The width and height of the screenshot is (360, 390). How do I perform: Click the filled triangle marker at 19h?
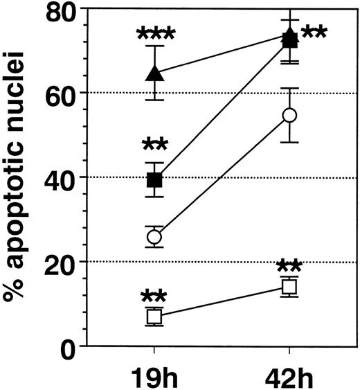[x=155, y=73]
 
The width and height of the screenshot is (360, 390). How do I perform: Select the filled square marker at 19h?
[x=155, y=180]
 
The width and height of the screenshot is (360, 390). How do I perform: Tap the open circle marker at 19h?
[x=155, y=237]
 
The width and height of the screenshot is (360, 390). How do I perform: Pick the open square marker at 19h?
[x=155, y=317]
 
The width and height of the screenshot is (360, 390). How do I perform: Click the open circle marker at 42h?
[x=290, y=114]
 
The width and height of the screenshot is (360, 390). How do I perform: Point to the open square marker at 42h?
[x=290, y=286]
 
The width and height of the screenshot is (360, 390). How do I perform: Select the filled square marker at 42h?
[x=290, y=41]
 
